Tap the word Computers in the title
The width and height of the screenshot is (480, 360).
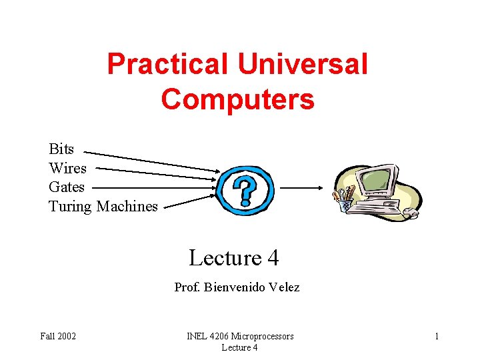click(x=237, y=99)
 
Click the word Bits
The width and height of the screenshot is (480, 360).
click(x=61, y=149)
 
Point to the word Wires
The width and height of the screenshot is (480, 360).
click(x=67, y=168)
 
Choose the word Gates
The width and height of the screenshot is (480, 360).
click(x=67, y=187)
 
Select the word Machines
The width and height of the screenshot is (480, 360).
click(x=127, y=206)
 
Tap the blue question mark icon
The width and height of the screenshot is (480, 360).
click(x=246, y=189)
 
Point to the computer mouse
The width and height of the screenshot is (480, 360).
click(x=411, y=214)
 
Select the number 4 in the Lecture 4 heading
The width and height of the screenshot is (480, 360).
click(x=272, y=257)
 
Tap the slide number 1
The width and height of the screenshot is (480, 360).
click(x=437, y=336)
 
